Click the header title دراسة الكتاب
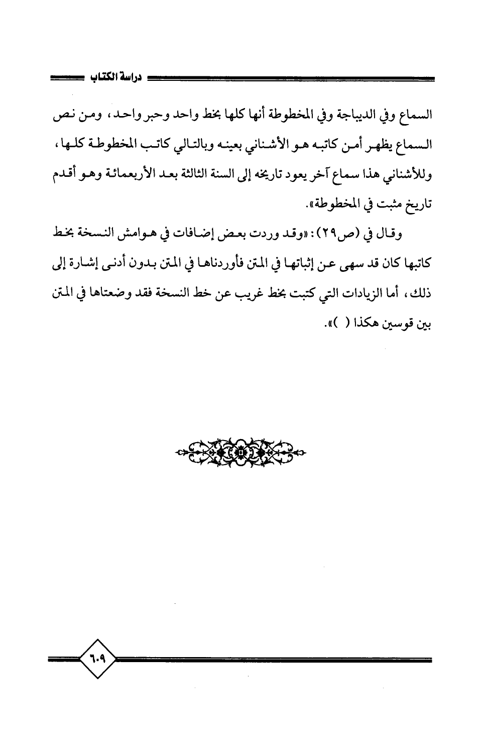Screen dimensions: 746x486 click(x=116, y=78)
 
